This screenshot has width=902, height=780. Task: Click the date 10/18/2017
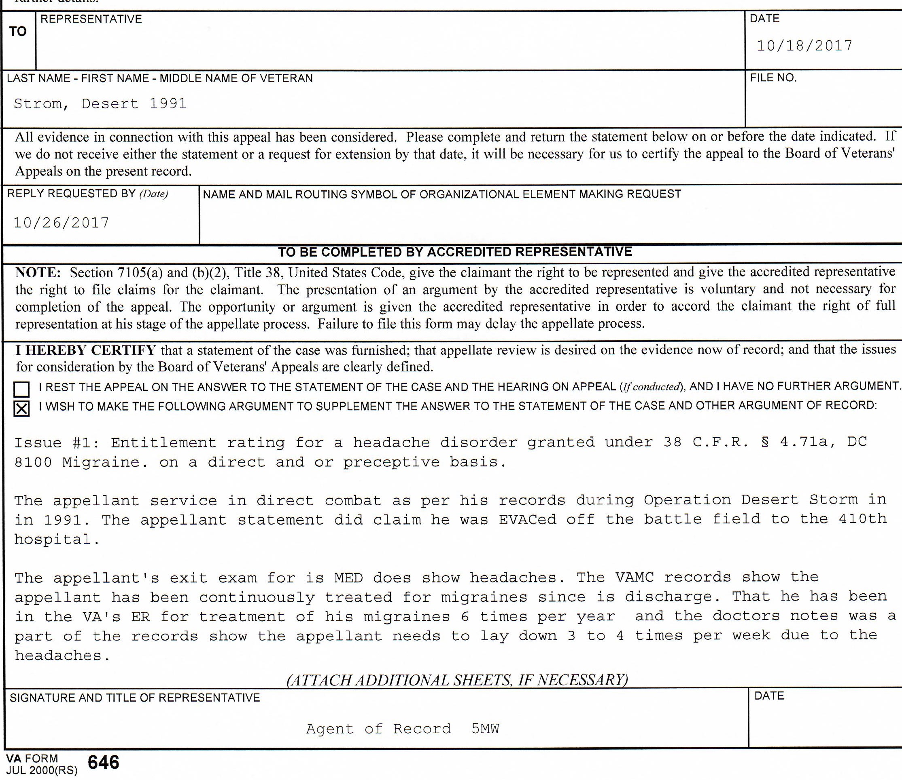pos(804,46)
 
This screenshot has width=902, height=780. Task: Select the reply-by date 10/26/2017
pos(61,223)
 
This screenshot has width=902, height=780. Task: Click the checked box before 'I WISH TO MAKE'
pos(22,408)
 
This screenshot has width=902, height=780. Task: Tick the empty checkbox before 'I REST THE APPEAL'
pos(22,388)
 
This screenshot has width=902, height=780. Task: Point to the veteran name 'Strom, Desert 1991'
pos(100,103)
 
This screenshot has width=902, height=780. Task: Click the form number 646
pos(103,762)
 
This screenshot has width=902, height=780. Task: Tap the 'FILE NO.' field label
pos(773,78)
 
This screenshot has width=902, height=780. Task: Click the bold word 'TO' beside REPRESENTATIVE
pos(18,32)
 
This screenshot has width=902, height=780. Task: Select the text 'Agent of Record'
pos(378,729)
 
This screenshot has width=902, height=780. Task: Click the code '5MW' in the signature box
pos(485,729)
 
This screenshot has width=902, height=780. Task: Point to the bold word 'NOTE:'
pos(38,273)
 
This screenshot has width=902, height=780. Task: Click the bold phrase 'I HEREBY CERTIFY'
pos(85,350)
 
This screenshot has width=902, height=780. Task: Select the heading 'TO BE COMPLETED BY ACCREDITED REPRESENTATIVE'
pos(454,252)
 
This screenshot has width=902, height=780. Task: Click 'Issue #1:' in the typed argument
pos(57,443)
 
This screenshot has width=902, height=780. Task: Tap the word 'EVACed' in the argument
pos(528,519)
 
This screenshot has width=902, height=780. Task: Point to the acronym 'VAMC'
pos(635,578)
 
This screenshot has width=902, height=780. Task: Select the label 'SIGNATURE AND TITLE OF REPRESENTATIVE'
pos(135,698)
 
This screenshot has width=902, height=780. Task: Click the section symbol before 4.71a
pos(765,442)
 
